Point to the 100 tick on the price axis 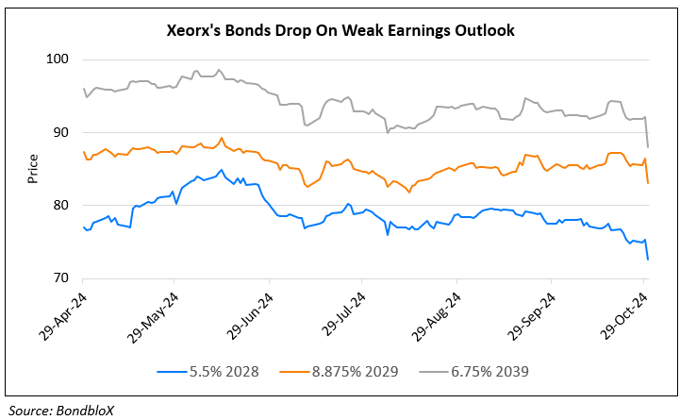58,59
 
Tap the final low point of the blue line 647,259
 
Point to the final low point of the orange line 647,182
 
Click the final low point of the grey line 647,146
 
